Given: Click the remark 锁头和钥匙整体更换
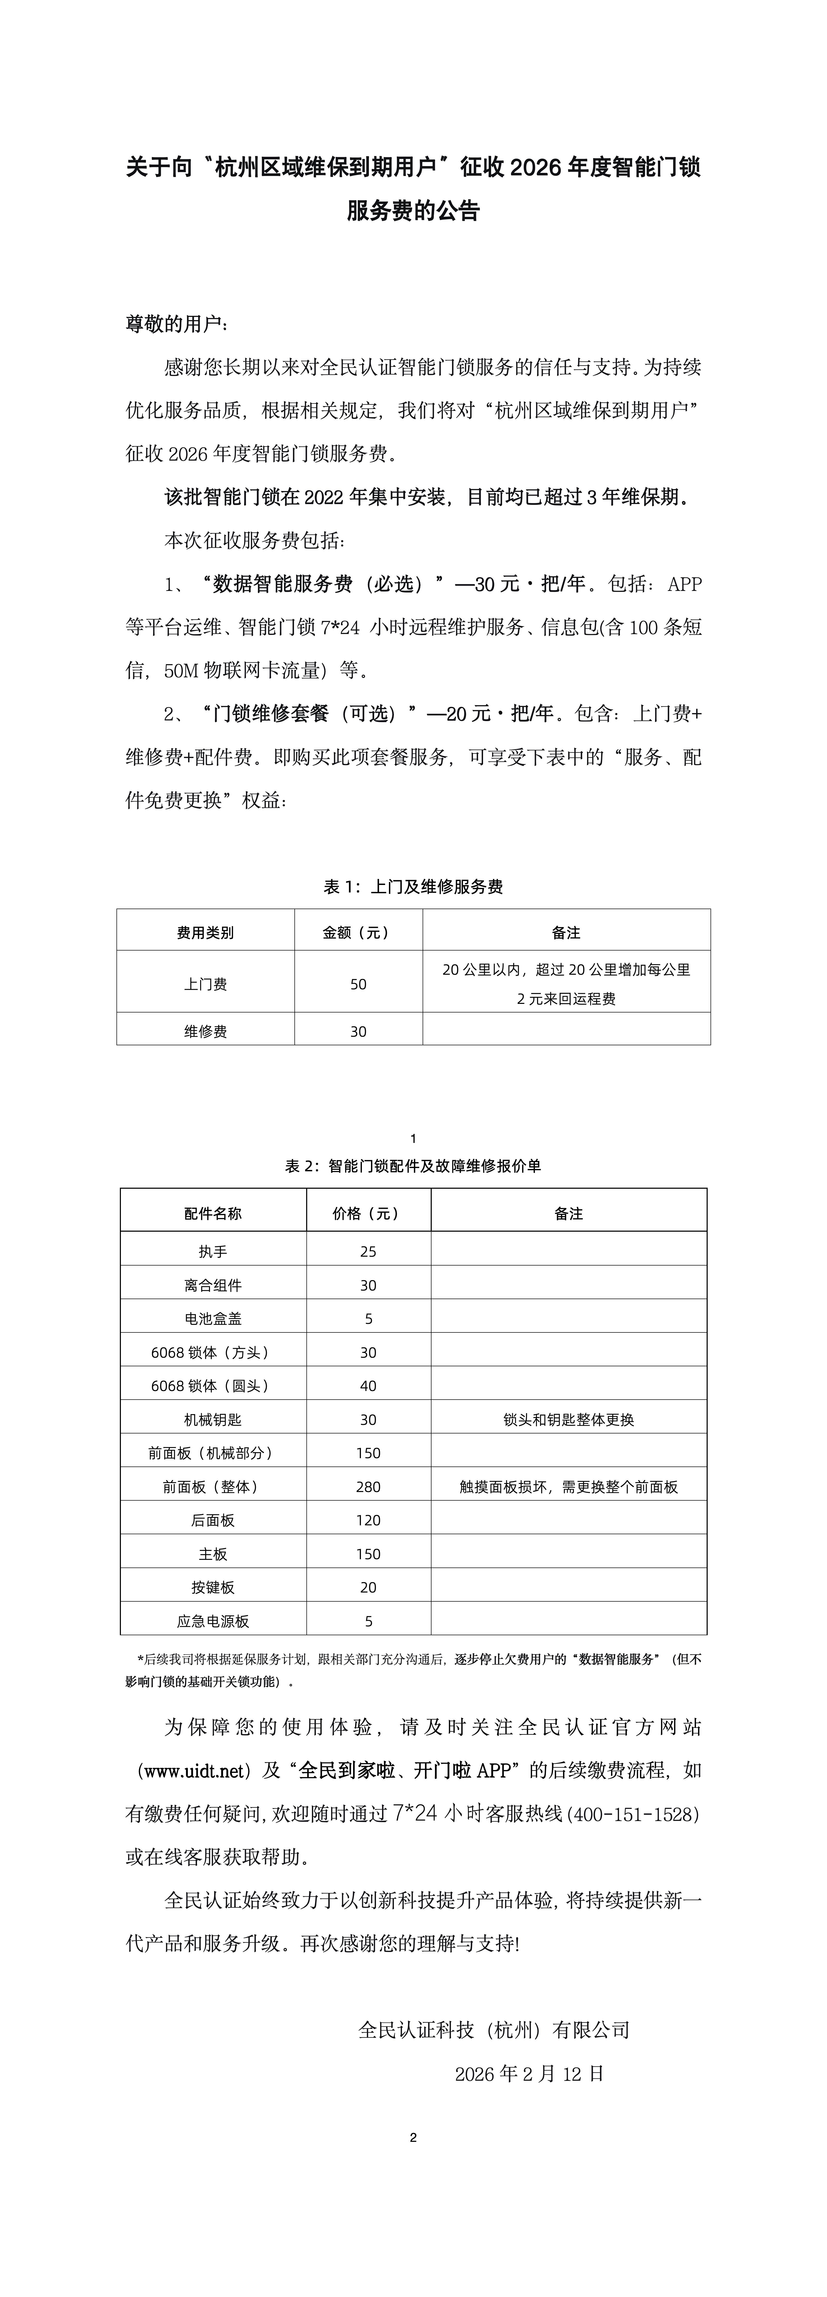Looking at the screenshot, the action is tap(568, 1420).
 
